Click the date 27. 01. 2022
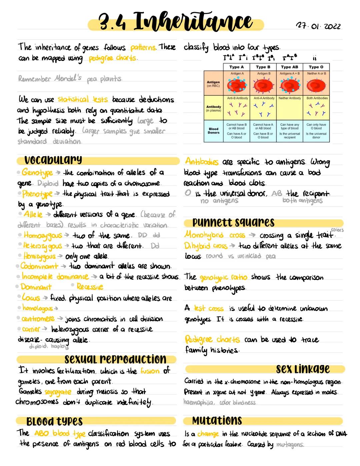(x=318, y=26)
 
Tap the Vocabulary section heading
(x=53, y=160)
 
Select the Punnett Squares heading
(x=233, y=222)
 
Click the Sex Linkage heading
(x=303, y=369)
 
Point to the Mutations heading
(x=217, y=421)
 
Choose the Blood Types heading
(x=54, y=421)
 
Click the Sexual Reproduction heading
(x=115, y=359)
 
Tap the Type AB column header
(x=290, y=67)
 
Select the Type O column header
(x=316, y=67)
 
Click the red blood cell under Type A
(x=237, y=86)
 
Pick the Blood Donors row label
(x=214, y=130)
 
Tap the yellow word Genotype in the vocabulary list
(x=37, y=173)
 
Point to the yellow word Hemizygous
(x=40, y=256)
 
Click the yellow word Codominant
(x=39, y=266)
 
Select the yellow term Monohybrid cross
(x=215, y=235)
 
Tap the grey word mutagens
(x=290, y=445)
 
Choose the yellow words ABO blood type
(x=60, y=434)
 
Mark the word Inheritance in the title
(x=193, y=22)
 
